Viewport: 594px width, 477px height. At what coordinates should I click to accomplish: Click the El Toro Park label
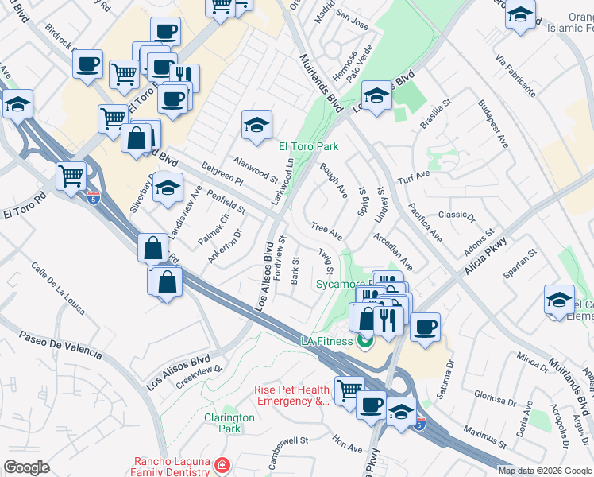tap(308, 146)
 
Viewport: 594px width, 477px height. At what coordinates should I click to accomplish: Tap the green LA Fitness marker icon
tap(364, 343)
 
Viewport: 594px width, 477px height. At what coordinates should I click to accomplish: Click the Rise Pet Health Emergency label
tap(291, 395)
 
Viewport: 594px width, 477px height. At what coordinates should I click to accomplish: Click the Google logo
tap(26, 467)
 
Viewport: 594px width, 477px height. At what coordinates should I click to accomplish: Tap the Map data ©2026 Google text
tap(545, 471)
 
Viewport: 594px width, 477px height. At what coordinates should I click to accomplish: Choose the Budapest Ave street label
tap(493, 124)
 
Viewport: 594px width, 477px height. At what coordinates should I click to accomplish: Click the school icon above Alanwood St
tap(256, 125)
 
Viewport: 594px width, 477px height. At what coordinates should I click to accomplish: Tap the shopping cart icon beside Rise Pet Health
tap(349, 390)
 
